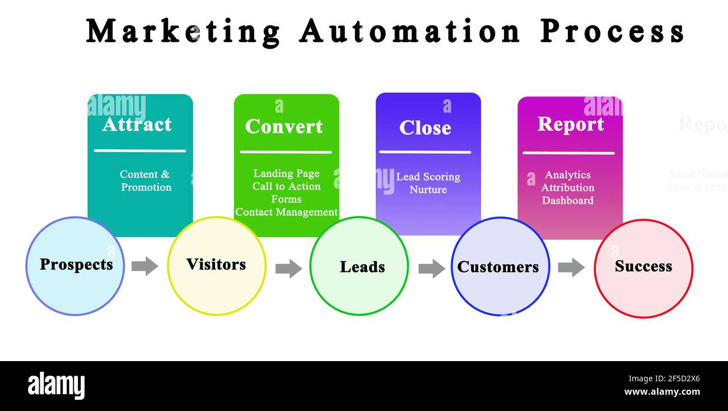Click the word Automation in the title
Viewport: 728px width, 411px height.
pos(410,31)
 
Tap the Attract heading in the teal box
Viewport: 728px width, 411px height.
pos(137,124)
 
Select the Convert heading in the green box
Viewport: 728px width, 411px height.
pos(284,127)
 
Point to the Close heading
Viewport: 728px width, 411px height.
pos(425,128)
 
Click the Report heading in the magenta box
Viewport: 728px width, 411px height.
pos(571,124)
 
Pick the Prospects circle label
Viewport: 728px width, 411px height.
pos(76,265)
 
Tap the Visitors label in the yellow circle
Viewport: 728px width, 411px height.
pos(216,265)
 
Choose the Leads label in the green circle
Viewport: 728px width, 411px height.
pos(362,267)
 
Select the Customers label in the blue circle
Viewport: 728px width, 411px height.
pos(498,267)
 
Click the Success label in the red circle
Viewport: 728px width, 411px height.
pos(643,266)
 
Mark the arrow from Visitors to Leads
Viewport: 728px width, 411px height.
pos(288,268)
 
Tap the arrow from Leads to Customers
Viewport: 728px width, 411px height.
pos(432,269)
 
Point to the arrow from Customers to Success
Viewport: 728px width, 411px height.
pos(571,267)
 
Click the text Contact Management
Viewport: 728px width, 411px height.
pos(286,212)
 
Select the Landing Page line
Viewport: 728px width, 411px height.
pos(286,174)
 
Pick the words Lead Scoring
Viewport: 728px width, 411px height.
pos(428,177)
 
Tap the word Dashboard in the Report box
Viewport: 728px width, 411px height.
pos(568,200)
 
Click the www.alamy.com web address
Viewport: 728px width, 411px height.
pos(662,392)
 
